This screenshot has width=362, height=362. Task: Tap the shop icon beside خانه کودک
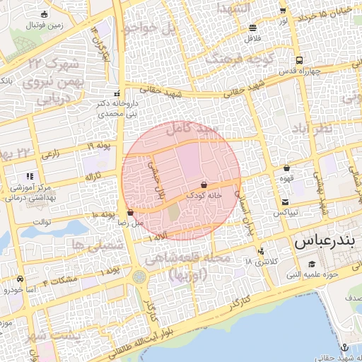204,183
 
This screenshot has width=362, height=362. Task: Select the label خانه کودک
204,193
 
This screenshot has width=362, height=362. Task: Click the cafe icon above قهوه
286,168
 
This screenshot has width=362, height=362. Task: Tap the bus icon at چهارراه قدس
300,61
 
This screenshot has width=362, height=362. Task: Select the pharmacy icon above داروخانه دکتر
117,93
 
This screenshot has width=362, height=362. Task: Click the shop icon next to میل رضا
131,212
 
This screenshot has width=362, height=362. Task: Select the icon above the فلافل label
253,28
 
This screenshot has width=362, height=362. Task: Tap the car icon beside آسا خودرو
20,279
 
